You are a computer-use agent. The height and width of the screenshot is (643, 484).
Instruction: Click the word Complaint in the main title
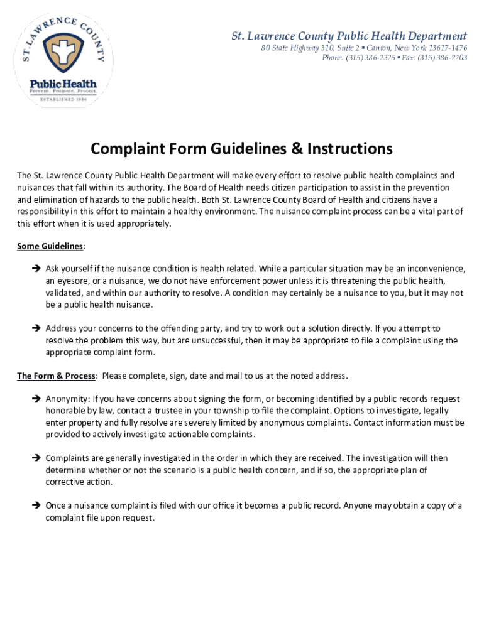click(x=130, y=149)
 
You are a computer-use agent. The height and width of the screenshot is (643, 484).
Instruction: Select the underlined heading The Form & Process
click(x=56, y=376)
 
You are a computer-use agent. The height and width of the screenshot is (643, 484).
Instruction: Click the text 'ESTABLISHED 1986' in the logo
click(x=63, y=99)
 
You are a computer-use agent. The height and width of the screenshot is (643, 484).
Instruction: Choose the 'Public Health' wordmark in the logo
click(x=63, y=84)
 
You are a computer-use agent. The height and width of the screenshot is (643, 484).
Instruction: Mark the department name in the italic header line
click(x=349, y=36)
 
